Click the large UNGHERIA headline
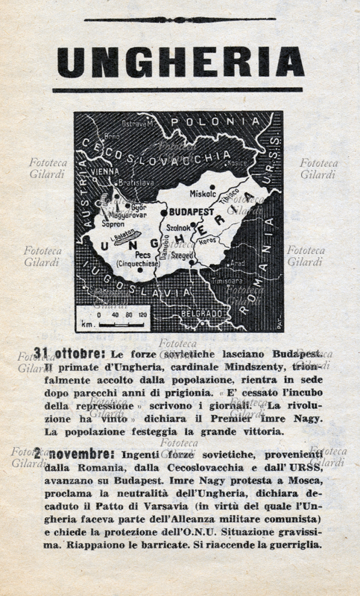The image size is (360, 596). tap(180, 63)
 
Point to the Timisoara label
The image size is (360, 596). tap(228, 282)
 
